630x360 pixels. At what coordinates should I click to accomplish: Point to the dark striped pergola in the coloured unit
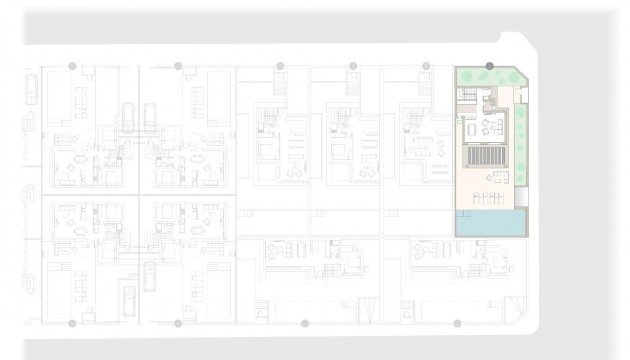tap(483, 160)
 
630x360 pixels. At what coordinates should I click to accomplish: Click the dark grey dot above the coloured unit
tap(489, 66)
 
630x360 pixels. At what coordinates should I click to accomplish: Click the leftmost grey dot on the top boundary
tap(72, 66)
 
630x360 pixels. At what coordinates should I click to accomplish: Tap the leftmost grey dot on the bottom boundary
tap(72, 324)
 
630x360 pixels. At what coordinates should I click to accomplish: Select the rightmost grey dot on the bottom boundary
tap(457, 324)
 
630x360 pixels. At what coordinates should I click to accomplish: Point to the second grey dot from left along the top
tap(178, 66)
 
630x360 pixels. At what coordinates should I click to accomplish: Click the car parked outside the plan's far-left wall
tap(31, 89)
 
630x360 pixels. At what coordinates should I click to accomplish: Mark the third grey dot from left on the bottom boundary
tap(305, 324)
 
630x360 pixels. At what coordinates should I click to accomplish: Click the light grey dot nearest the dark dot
tap(426, 66)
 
